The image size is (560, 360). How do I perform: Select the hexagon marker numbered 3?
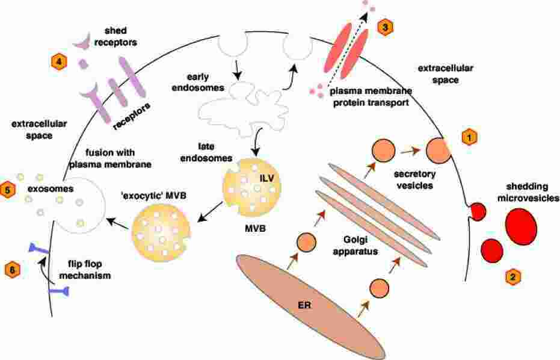385,26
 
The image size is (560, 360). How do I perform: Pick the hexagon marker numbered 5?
8,190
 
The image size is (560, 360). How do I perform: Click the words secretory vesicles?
414,180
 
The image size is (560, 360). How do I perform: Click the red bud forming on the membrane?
478,211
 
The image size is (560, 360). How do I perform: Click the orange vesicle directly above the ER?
306,241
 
